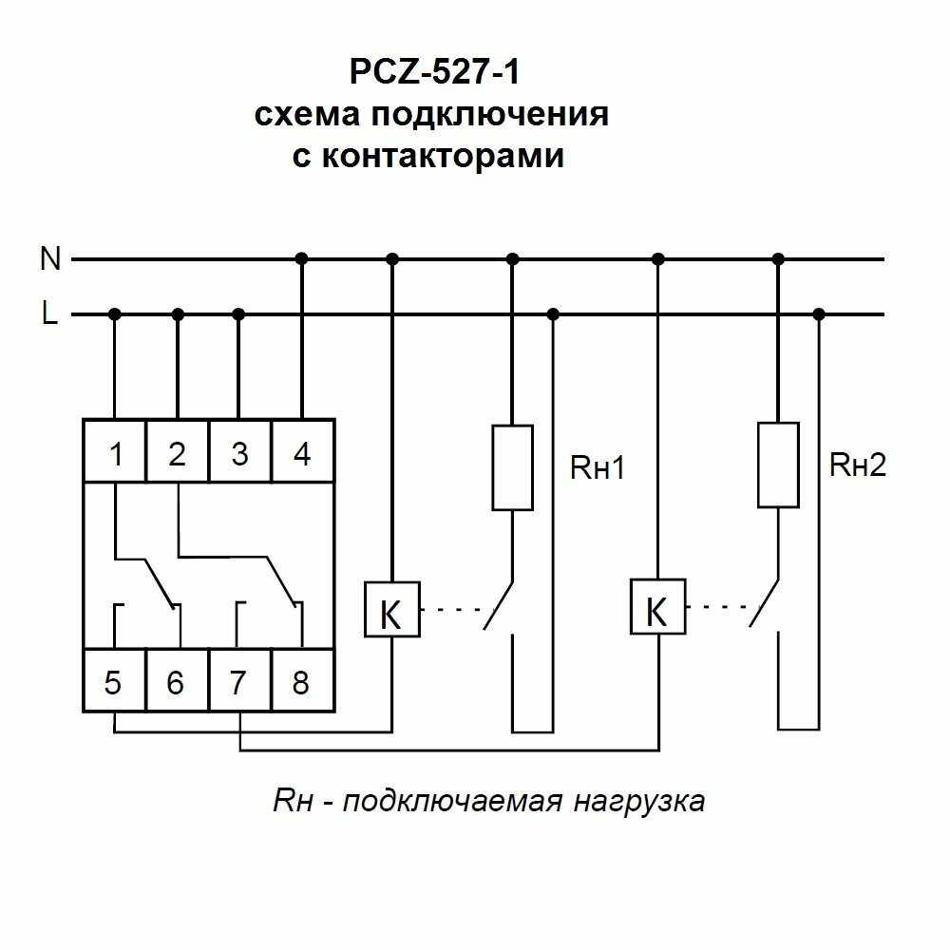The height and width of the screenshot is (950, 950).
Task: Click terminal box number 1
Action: point(115,454)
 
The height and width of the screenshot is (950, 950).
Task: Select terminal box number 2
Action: point(177,454)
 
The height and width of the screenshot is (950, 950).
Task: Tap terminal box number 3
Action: point(239,454)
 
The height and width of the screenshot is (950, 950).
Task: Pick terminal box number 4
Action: point(302,454)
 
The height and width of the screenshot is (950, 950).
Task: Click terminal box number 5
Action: point(114,682)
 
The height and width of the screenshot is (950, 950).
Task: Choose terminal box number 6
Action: point(176,682)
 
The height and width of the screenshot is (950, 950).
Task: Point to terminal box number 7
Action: point(239,682)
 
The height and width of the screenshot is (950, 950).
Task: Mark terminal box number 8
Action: point(301,682)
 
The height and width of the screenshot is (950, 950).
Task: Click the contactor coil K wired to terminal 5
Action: point(391,609)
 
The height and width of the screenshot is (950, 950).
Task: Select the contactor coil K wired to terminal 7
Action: point(657,608)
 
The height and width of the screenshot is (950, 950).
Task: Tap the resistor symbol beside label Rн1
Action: point(512,466)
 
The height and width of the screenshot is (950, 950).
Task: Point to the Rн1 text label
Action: point(597,467)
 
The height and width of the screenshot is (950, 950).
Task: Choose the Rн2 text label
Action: point(857,465)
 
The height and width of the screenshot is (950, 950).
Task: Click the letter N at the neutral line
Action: point(50,258)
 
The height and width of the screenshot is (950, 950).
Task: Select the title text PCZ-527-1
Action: point(430,73)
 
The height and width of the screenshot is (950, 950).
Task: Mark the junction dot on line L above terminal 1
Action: point(115,314)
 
